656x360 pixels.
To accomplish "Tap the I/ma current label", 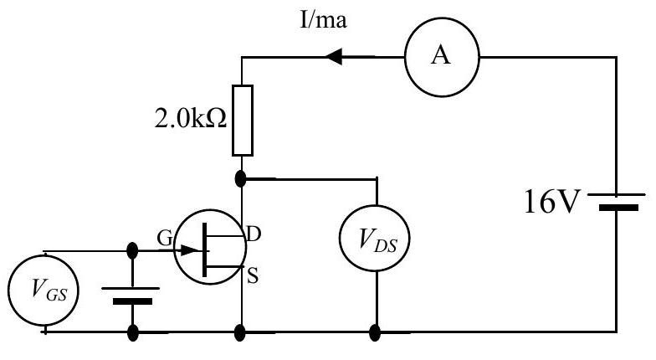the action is coord(323,20).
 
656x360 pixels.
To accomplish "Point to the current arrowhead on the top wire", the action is coord(333,57).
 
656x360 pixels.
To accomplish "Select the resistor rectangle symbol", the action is coord(243,121).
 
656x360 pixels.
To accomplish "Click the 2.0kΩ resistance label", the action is coord(191,119).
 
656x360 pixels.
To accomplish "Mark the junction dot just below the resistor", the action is coord(241,179).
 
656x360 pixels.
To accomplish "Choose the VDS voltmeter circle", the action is coord(375,239).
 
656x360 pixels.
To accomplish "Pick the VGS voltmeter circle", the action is coord(44,290).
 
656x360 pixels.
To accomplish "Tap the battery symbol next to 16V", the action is coord(616,201).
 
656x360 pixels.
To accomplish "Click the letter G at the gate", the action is coord(164,238).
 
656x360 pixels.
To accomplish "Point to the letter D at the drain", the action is coord(253,234).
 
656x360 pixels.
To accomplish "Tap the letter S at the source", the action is coord(253,276).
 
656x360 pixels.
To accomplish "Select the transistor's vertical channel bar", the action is coord(204,249).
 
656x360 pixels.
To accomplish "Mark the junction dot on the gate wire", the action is coord(132,251).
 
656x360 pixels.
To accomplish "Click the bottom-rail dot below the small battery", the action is coord(132,333).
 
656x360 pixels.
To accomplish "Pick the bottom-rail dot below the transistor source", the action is coord(239,333).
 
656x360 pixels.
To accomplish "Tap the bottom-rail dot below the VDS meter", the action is coord(375,333).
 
